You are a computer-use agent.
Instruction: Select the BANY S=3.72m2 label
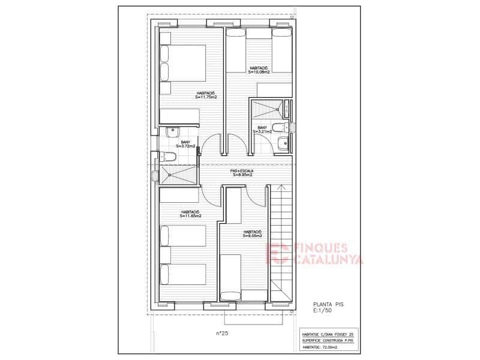(x=185, y=144)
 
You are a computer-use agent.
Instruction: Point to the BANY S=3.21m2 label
(x=262, y=130)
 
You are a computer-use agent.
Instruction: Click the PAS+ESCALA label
(x=242, y=173)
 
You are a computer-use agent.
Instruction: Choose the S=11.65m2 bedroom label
(x=191, y=214)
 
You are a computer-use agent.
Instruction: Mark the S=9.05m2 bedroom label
(x=252, y=234)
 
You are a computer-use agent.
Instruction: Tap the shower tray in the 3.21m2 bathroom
(x=267, y=109)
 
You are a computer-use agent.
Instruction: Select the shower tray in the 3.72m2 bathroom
(x=178, y=175)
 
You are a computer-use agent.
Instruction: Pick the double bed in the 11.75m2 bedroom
(x=183, y=63)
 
